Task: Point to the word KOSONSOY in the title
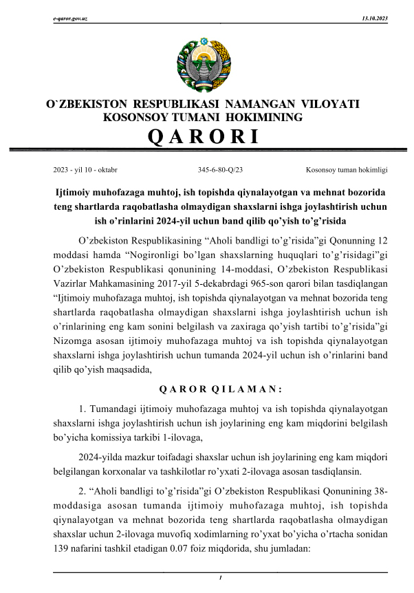135,118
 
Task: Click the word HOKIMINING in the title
263,118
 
